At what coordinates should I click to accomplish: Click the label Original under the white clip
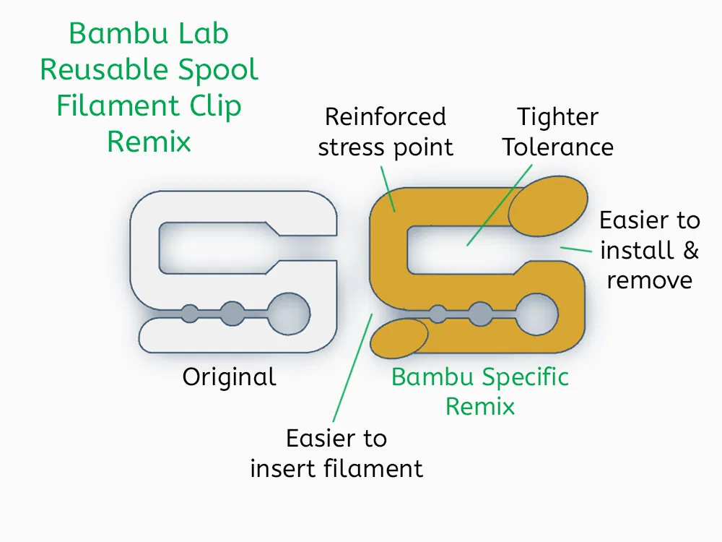point(229,377)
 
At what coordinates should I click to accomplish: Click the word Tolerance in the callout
point(558,147)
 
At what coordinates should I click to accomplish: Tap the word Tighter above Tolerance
point(558,117)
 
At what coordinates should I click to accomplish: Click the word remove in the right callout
point(650,280)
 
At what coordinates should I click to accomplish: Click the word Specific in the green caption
point(525,377)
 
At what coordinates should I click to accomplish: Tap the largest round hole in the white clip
point(289,314)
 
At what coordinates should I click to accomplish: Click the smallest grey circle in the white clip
point(189,314)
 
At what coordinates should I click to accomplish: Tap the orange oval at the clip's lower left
point(399,337)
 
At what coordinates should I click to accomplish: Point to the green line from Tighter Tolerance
point(500,203)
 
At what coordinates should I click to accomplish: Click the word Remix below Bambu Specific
point(480,407)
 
